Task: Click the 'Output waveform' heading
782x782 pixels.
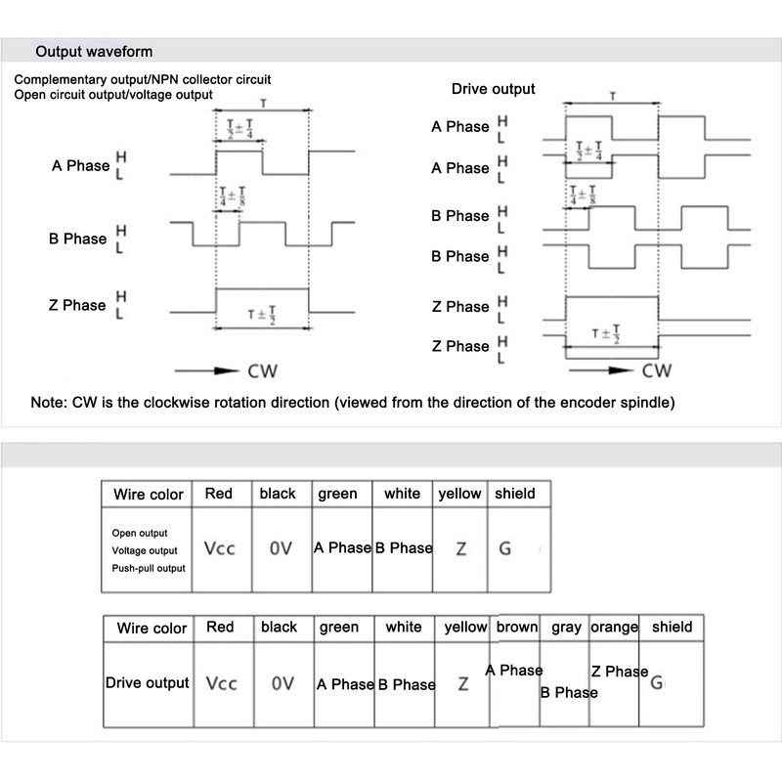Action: [x=94, y=52]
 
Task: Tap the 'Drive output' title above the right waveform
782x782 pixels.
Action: [x=493, y=89]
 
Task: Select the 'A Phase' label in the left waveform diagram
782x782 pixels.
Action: [x=80, y=165]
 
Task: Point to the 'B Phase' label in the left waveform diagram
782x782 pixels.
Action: [x=77, y=239]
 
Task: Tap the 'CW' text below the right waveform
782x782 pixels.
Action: [x=657, y=371]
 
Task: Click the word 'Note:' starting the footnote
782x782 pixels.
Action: [x=50, y=403]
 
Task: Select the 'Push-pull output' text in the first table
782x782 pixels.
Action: [x=149, y=568]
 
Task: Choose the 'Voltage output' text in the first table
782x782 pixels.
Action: [x=145, y=550]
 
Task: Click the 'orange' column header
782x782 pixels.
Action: [x=614, y=627]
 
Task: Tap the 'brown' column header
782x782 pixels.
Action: [x=517, y=627]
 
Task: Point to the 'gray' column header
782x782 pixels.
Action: [x=566, y=627]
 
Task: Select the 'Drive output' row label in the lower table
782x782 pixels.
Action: [x=147, y=683]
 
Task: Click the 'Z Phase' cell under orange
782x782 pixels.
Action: [x=619, y=672]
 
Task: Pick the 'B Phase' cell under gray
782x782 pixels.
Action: [x=568, y=692]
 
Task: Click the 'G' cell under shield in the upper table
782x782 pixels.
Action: [x=504, y=548]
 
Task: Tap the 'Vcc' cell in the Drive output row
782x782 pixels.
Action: [x=221, y=683]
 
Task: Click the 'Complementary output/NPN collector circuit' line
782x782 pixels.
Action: [x=143, y=78]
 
